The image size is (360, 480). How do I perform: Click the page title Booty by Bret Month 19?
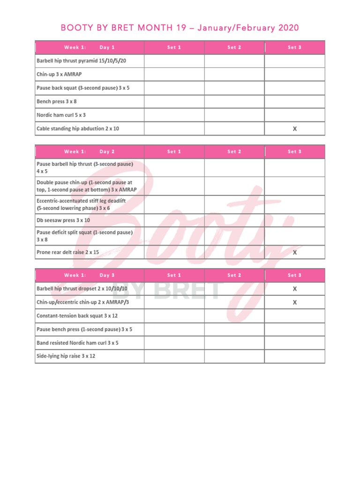tap(180, 28)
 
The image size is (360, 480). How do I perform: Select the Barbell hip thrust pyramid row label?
tap(81, 61)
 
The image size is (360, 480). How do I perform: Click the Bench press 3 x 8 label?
tap(57, 101)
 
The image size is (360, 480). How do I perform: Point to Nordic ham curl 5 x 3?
tap(61, 115)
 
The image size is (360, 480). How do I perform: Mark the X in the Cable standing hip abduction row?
tap(294, 128)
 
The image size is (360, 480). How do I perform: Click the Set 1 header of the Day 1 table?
tap(174, 47)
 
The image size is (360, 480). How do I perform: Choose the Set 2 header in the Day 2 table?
tap(234, 151)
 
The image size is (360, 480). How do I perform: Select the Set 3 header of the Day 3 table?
tap(294, 275)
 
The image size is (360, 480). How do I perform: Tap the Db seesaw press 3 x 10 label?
tap(63, 220)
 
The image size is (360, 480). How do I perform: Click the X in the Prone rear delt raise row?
tap(294, 252)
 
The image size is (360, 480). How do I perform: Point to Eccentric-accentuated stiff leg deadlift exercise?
tap(81, 204)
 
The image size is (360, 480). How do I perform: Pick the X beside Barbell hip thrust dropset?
tap(294, 289)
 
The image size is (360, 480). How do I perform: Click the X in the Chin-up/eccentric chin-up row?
tap(294, 302)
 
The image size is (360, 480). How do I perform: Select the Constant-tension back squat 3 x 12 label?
tap(77, 316)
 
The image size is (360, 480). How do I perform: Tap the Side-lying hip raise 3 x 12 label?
tap(66, 356)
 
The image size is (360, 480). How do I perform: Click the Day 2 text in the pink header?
tap(107, 151)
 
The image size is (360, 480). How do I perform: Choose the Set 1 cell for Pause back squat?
tap(174, 88)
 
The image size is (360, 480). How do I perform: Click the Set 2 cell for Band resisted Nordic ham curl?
tap(234, 343)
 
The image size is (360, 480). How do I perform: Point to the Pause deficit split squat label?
tap(84, 236)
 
